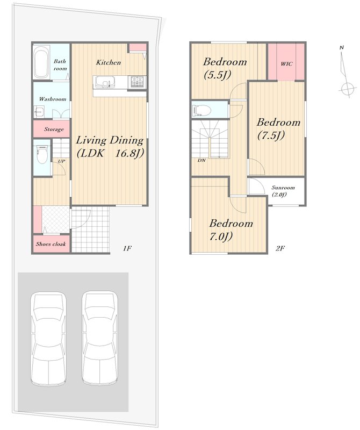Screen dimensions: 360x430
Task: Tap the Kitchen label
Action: click(x=109, y=62)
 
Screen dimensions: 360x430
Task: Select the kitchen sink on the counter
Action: click(x=105, y=82)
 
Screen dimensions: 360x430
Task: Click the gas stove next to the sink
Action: click(x=138, y=82)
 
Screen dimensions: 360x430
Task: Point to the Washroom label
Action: click(x=52, y=99)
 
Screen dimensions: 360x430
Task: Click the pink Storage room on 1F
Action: click(x=52, y=128)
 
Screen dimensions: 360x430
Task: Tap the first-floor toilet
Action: click(x=42, y=154)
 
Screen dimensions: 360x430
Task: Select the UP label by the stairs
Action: click(x=61, y=161)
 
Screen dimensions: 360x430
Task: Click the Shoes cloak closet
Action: click(x=51, y=244)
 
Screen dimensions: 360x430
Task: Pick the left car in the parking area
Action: click(x=48, y=339)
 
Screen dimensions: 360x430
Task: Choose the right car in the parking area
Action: click(x=100, y=339)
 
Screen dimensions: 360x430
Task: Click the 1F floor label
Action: click(x=127, y=248)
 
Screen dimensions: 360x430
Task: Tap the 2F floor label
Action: click(x=280, y=248)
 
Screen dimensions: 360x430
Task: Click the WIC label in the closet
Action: click(x=286, y=64)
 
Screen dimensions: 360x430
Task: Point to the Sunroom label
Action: click(x=283, y=188)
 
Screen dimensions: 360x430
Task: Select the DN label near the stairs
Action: click(x=201, y=160)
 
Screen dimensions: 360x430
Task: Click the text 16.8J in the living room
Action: click(x=129, y=154)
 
